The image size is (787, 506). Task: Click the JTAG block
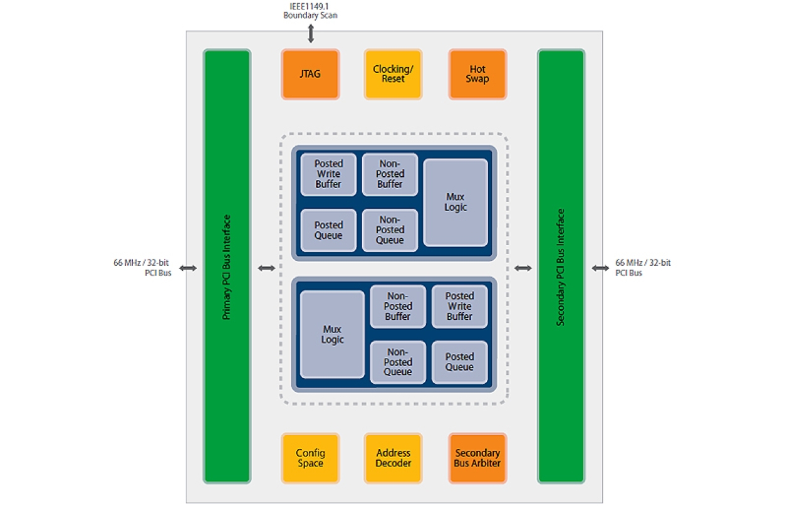[310, 74]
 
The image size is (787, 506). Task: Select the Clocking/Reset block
[393, 74]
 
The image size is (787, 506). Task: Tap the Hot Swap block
[477, 74]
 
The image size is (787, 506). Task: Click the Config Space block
[310, 458]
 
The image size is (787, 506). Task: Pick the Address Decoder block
[393, 458]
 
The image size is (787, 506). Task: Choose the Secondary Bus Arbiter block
[477, 458]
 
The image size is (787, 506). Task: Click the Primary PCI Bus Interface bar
[227, 266]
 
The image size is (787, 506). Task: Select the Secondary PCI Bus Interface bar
[561, 266]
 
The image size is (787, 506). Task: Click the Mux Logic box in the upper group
[456, 202]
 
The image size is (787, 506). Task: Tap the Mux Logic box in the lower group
[332, 334]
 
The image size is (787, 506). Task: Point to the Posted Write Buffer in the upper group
[328, 174]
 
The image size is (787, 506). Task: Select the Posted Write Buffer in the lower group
[459, 306]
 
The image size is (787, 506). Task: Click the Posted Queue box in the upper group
[328, 230]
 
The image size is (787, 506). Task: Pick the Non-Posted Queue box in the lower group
[398, 362]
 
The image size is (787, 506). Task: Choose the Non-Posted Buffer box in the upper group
[390, 174]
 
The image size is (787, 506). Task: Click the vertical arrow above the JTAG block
[311, 33]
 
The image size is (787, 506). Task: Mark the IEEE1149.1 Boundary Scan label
[310, 11]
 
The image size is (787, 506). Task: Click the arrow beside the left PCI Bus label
[188, 268]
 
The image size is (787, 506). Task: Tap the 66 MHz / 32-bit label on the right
[643, 263]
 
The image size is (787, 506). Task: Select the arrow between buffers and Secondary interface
[523, 268]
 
